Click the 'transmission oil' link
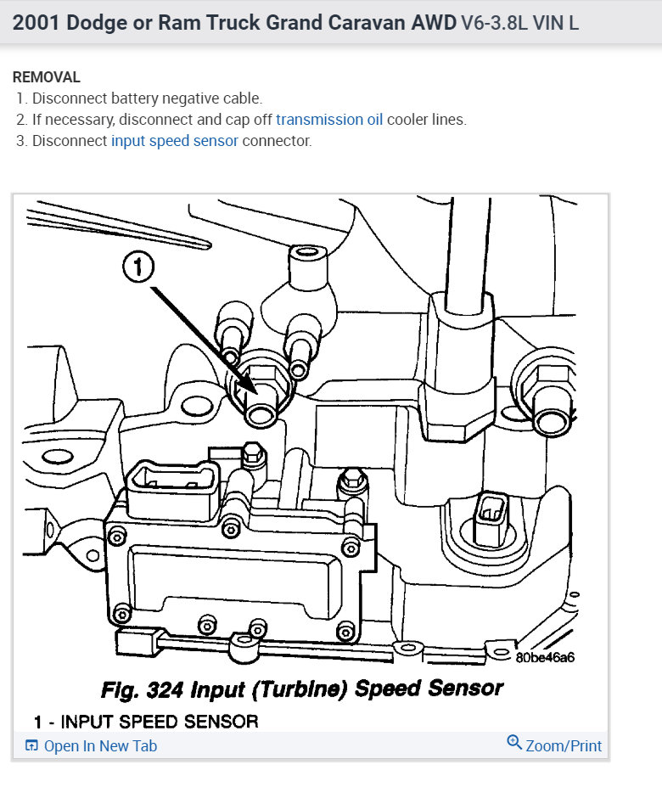point(329,120)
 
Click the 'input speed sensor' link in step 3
point(174,141)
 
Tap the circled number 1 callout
point(138,269)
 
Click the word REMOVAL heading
point(47,77)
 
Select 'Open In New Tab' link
point(100,746)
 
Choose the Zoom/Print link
point(564,746)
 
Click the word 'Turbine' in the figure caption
point(308,688)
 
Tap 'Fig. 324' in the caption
point(138,688)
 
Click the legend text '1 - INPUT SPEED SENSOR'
point(146,722)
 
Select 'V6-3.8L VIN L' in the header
point(519,23)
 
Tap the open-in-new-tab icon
point(31,746)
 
